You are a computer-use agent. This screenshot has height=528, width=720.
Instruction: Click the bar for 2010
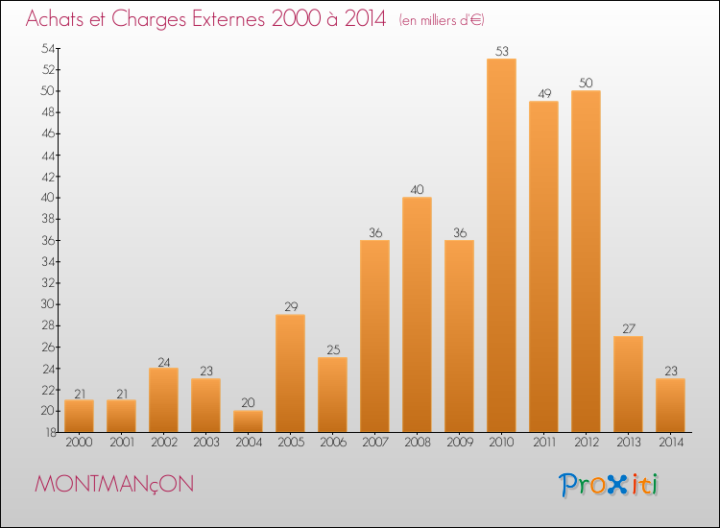(501, 245)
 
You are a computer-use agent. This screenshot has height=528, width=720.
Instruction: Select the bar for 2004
(248, 421)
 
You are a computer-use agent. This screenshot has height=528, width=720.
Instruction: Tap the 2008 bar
(417, 315)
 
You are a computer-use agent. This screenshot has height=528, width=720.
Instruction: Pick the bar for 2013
(628, 384)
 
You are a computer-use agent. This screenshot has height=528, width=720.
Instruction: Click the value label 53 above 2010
(502, 51)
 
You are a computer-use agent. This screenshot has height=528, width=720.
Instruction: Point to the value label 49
(544, 94)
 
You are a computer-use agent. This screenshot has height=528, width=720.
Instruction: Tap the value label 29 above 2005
(291, 306)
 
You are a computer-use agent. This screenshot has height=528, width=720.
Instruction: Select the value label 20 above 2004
(248, 402)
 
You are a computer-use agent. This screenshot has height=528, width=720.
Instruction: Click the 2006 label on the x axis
(333, 443)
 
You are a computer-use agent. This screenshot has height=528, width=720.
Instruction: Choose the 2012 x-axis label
(587, 443)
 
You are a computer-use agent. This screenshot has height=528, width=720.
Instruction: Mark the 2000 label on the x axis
(79, 443)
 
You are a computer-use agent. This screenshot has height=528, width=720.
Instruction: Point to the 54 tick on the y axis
(48, 48)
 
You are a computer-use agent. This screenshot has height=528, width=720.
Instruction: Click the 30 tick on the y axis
(48, 304)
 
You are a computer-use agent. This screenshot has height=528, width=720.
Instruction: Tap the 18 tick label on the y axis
(51, 432)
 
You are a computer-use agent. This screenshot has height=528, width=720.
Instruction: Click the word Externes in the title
(228, 19)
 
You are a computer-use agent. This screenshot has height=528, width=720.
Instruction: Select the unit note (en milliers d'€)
(442, 20)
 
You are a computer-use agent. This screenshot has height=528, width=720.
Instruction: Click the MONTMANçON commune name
(114, 485)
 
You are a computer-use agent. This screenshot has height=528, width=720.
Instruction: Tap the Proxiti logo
(608, 485)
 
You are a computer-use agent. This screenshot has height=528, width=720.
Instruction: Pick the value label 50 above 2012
(586, 84)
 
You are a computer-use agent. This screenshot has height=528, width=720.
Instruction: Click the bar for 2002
(163, 400)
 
